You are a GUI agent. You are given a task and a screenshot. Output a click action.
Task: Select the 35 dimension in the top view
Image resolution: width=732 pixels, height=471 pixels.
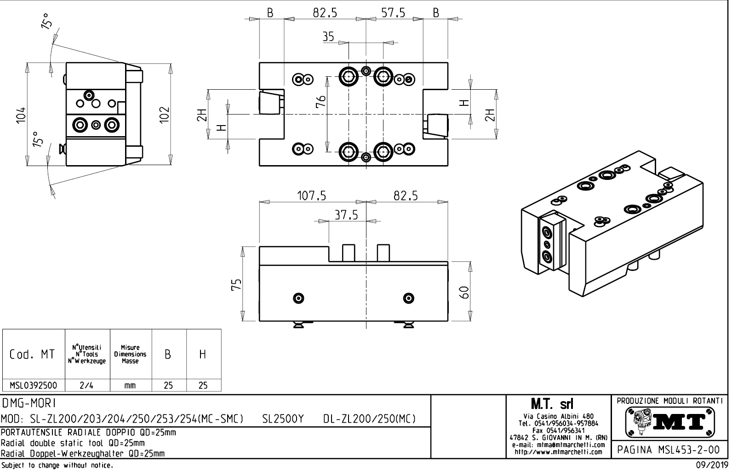point(328,37)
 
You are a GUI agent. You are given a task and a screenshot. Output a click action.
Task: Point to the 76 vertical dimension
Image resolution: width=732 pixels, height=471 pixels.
point(321,101)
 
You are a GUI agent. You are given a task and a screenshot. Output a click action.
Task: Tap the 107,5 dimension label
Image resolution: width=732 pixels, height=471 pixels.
point(311,196)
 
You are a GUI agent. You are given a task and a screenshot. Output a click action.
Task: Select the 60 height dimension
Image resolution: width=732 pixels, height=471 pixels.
point(465,292)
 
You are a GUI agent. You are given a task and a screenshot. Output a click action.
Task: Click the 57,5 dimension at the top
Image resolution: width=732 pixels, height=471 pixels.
point(393,13)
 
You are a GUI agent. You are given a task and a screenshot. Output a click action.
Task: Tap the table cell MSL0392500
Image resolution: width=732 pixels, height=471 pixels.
point(34,385)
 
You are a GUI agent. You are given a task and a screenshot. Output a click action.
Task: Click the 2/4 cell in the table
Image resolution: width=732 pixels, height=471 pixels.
point(86,385)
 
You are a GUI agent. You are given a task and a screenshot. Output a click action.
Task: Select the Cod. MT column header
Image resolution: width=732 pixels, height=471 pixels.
point(32,354)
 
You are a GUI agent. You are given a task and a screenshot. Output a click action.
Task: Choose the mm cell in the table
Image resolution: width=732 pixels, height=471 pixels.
point(130,386)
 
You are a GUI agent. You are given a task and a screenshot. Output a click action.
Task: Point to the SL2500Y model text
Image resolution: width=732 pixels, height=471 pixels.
point(283,419)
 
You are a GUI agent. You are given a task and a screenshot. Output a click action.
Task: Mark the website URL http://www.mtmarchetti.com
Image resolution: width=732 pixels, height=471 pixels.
point(558,452)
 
